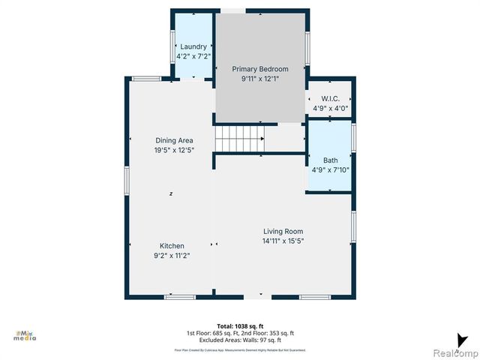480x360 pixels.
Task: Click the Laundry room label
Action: [193, 46]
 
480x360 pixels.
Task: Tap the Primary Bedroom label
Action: [259, 69]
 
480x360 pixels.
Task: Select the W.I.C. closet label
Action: [331, 98]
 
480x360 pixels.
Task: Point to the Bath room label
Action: [331, 160]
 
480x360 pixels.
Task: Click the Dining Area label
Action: [174, 140]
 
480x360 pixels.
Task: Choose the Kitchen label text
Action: [172, 246]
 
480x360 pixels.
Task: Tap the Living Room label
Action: [283, 231]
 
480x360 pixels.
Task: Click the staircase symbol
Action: [240, 139]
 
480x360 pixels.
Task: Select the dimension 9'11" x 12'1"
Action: [259, 79]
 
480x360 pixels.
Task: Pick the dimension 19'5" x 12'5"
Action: [174, 150]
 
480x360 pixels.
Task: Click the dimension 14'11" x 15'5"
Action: [283, 241]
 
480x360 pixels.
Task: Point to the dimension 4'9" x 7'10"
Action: [331, 170]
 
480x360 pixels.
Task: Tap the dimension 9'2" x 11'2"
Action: [172, 256]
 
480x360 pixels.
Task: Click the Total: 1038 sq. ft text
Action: [240, 325]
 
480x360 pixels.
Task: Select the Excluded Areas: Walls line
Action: [240, 340]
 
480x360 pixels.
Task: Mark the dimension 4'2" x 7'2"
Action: [193, 56]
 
